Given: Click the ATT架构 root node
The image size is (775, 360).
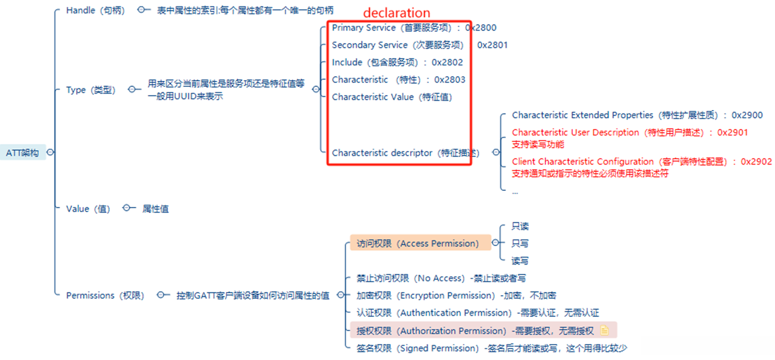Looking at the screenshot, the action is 22,153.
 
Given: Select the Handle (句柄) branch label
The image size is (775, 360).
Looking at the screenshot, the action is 95,10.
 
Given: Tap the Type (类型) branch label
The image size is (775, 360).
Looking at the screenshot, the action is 91,90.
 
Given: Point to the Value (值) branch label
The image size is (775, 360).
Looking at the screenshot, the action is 88,209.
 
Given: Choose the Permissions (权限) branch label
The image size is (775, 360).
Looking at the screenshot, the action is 105,295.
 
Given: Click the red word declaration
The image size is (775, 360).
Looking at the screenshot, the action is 396,13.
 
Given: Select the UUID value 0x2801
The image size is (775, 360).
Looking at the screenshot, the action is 492,45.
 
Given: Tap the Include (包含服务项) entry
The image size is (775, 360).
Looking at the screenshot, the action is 374,63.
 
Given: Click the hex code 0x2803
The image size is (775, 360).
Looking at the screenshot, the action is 450,79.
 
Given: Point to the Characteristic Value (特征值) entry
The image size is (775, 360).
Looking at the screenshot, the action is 392,97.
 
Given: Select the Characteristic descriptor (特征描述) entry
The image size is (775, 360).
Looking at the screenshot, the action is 405,153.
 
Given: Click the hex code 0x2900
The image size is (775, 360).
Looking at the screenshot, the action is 747,115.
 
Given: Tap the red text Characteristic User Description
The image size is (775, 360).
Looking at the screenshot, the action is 575,132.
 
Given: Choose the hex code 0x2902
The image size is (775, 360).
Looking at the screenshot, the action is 756,161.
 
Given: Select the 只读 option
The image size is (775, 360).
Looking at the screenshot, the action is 520,226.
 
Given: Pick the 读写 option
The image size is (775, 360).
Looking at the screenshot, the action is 520,261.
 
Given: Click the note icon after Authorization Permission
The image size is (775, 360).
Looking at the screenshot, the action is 604,330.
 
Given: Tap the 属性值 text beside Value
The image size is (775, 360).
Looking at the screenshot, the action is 156,209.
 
